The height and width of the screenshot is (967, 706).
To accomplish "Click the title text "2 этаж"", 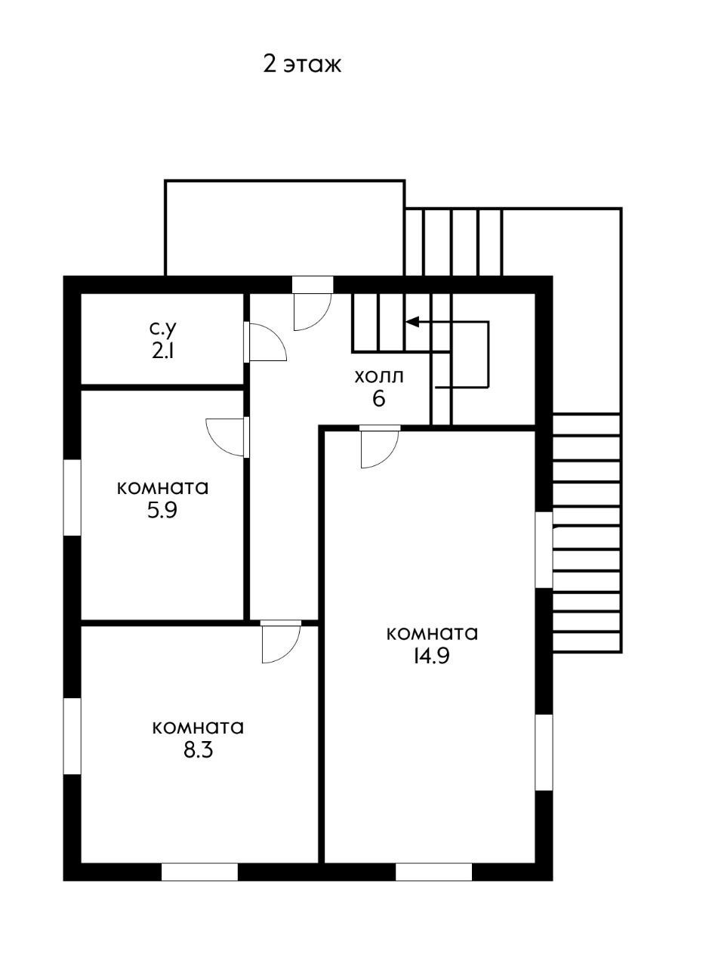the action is coord(302,64).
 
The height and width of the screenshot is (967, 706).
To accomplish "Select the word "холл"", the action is coord(378,375).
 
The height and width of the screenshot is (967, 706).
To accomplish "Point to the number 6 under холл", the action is coord(378,398).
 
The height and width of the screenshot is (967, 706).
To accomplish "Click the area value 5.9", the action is coord(162,510).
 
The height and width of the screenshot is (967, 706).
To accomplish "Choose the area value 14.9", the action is coord(431,656).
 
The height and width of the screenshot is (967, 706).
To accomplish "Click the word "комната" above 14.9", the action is coord(432,633).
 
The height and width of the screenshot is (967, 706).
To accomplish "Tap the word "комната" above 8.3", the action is coord(198,728).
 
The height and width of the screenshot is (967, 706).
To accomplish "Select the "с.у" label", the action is coord(162,329).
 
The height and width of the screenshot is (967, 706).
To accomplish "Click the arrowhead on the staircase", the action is coord(412,322).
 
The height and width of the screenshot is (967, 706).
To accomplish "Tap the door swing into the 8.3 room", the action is coord(280,643).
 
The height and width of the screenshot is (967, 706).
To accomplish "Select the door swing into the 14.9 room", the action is coord(379,448).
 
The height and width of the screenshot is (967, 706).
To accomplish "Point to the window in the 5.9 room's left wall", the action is coord(72,497).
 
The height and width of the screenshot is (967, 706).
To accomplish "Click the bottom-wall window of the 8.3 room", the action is coord(199,872).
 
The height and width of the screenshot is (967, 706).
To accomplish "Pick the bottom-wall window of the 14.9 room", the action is coord(433,872).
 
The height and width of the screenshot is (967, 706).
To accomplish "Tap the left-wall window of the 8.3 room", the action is coord(72,736).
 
